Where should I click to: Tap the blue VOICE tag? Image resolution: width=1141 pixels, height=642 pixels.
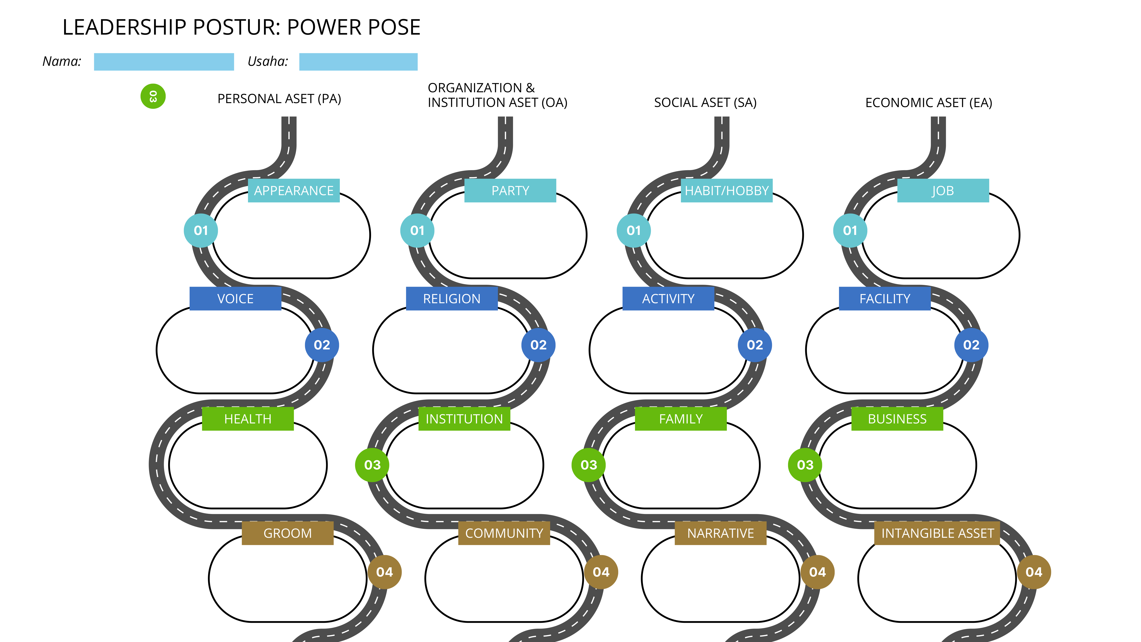235,299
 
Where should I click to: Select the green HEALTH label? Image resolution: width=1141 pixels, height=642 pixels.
248,419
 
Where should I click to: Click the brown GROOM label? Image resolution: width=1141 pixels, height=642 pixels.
288,533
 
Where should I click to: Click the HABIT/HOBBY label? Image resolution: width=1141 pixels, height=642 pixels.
726,191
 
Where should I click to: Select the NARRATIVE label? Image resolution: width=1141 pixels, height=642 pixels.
720,533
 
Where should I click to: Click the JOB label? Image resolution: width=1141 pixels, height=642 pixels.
943,191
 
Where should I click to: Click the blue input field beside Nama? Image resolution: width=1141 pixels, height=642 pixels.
164,62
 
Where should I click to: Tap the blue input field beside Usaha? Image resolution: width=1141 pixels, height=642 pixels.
358,62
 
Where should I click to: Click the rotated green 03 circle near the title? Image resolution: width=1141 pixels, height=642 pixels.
153,96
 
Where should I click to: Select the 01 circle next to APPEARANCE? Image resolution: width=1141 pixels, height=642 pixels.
201,230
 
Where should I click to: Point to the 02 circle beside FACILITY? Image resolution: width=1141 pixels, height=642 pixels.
971,345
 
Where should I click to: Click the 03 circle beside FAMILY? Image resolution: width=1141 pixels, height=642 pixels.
589,465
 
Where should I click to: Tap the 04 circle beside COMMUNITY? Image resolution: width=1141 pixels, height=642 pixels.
601,572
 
